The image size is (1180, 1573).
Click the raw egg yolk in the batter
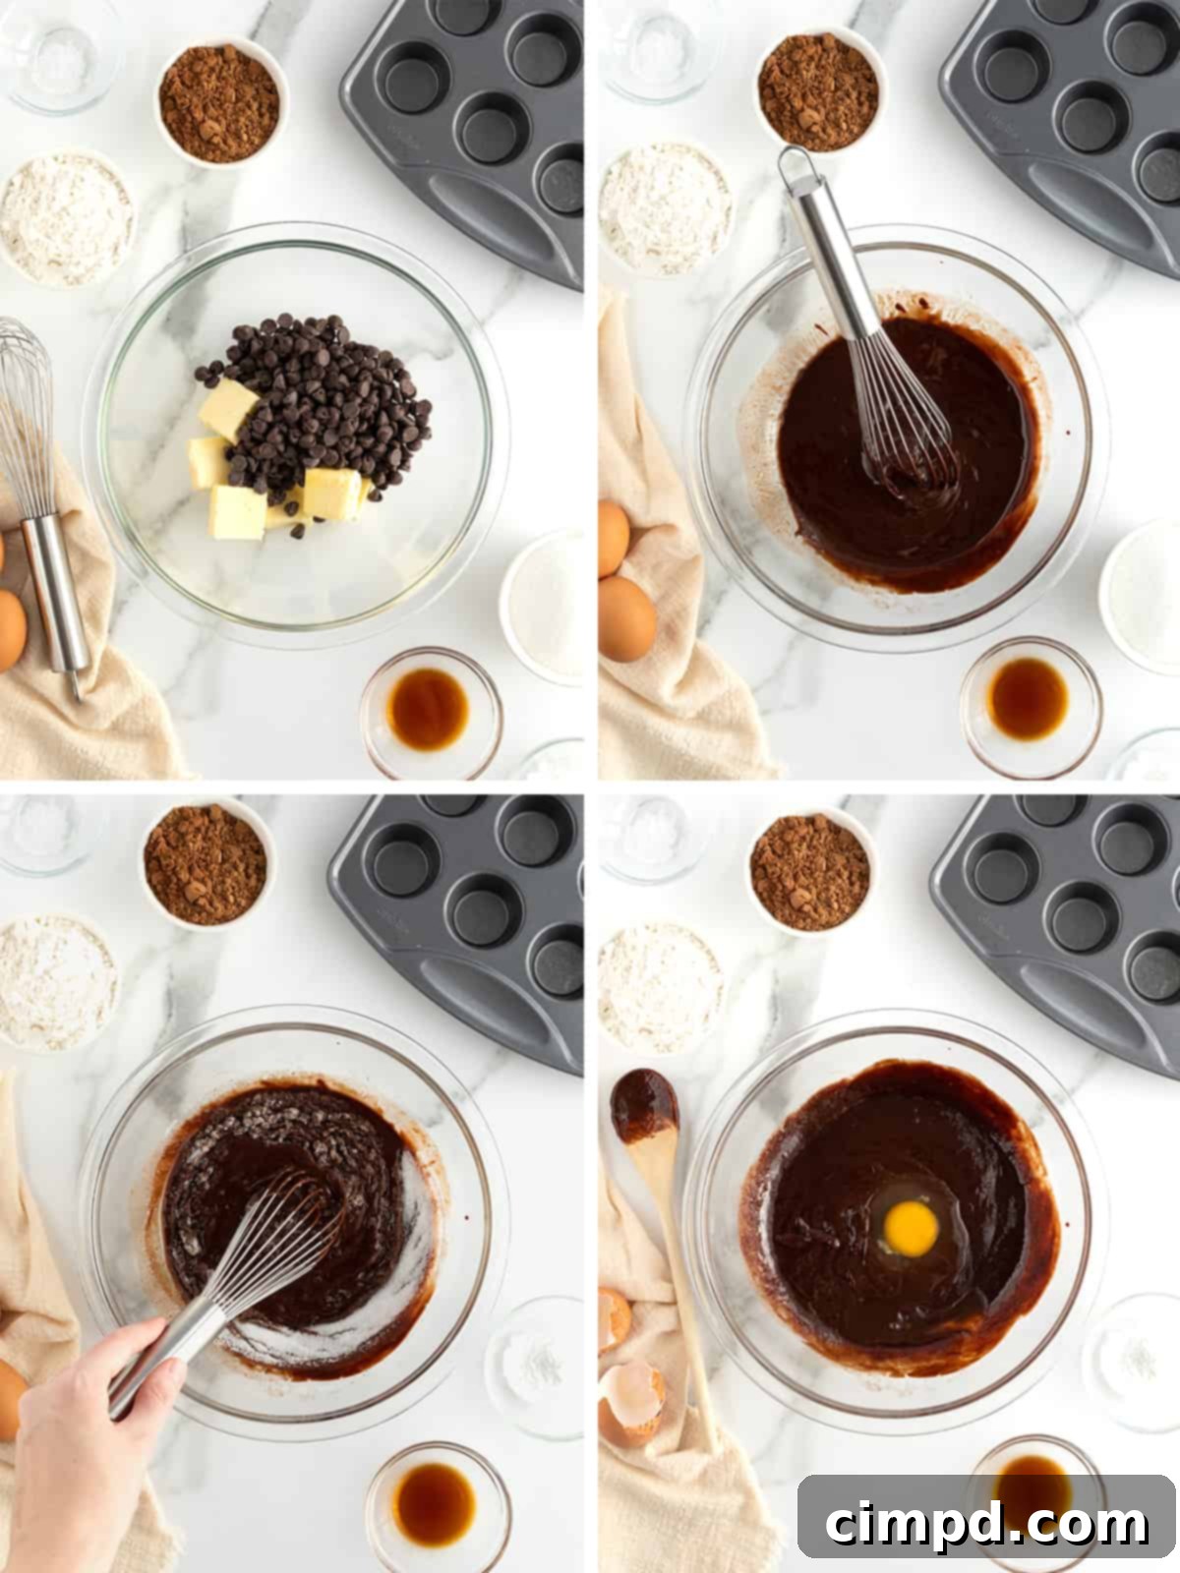pyautogui.click(x=910, y=1225)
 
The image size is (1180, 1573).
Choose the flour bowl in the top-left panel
pyautogui.click(x=67, y=218)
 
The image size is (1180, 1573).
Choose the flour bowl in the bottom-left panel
pyautogui.click(x=57, y=981)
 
